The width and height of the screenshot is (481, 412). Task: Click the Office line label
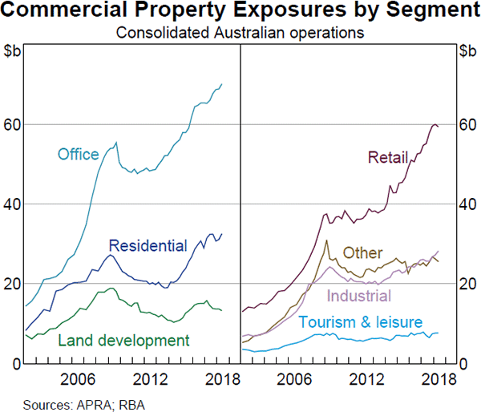[x=78, y=154]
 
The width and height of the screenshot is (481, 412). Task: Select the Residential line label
[x=148, y=245]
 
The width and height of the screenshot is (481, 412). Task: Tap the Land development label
[x=123, y=340]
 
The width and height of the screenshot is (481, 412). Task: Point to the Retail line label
[x=388, y=156]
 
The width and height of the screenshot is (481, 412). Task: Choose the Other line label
[x=363, y=253]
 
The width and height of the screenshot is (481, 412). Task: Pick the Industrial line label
[x=359, y=297]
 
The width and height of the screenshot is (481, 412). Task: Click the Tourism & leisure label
[x=360, y=322]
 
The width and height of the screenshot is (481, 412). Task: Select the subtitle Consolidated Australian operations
[x=240, y=34]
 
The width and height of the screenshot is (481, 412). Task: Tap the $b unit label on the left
[x=13, y=52]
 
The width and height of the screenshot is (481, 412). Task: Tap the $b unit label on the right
[x=467, y=52]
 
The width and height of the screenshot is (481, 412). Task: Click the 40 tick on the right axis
[x=468, y=204]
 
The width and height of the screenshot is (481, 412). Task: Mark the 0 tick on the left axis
[x=15, y=364]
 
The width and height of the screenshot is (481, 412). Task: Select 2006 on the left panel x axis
[x=78, y=378]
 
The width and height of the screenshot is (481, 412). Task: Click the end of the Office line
[x=222, y=84]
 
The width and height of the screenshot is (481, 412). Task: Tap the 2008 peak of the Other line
[x=326, y=240]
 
